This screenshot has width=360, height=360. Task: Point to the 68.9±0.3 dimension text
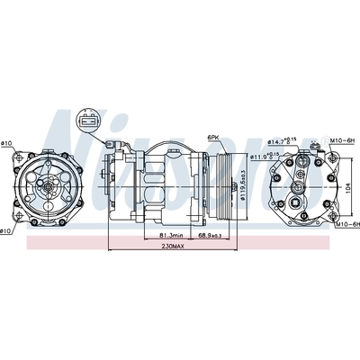tap(211, 236)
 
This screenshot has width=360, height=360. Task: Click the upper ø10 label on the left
tap(7, 143)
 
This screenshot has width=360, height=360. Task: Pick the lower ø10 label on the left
tap(7, 233)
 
